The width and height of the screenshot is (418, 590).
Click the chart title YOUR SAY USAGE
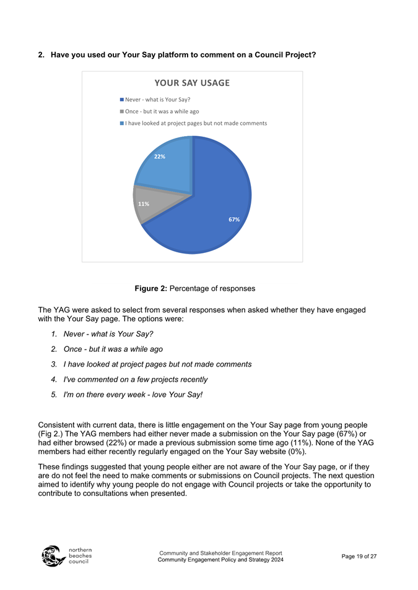(192, 83)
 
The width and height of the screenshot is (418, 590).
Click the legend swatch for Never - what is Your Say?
(122, 100)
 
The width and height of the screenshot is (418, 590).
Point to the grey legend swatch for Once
(122, 111)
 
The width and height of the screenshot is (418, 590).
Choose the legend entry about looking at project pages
(196, 123)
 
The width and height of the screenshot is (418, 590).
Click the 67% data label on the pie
(234, 220)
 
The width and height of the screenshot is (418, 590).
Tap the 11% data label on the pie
(144, 203)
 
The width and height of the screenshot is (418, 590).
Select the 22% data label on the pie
(160, 156)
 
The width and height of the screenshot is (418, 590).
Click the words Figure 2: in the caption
(151, 288)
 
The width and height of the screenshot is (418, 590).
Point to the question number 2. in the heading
(41, 55)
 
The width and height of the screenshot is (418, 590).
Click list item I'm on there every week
(133, 394)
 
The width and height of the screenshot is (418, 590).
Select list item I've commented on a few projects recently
(135, 379)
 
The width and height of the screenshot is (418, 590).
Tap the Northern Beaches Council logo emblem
(52, 556)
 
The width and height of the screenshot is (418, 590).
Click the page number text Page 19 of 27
(359, 557)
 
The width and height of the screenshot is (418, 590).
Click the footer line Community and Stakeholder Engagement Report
(221, 553)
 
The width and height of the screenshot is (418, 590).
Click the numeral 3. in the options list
(54, 364)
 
